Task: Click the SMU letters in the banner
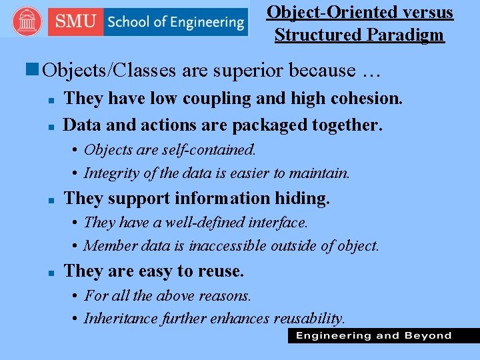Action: tap(76, 21)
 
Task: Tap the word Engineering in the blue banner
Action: tap(203, 22)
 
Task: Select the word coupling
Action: tap(216, 99)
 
